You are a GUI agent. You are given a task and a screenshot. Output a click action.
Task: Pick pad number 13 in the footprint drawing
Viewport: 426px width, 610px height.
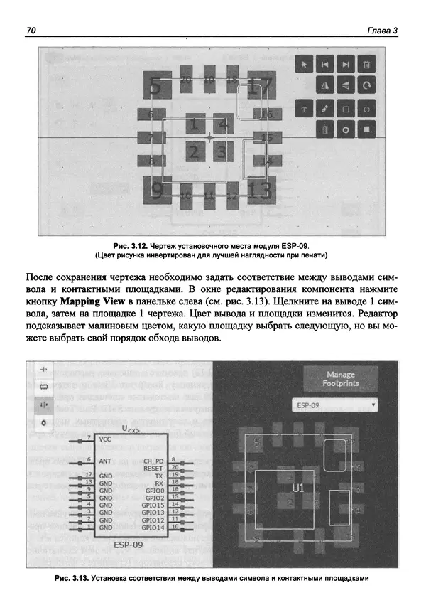click(259, 191)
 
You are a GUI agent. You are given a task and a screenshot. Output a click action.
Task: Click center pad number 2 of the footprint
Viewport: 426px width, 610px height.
click(193, 151)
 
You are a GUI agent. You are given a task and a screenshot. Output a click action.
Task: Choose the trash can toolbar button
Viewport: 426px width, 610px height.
click(366, 65)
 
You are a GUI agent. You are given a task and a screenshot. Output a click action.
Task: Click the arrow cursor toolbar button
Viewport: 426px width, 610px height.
click(304, 65)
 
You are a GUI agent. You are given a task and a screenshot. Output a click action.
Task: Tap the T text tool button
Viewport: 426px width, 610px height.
click(304, 109)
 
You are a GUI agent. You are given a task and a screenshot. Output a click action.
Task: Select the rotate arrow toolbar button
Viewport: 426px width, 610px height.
click(366, 86)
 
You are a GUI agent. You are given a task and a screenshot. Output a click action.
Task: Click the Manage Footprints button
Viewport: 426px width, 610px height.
click(340, 379)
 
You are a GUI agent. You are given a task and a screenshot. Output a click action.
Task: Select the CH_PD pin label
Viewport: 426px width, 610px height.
click(154, 461)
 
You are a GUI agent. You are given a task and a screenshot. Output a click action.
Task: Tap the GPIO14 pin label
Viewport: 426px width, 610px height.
click(153, 528)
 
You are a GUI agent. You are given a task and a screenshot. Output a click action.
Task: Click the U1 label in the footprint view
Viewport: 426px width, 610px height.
click(298, 488)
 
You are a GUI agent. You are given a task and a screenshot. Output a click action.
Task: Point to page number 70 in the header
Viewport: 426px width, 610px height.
click(31, 31)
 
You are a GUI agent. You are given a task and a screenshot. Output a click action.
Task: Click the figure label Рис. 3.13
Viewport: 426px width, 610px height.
click(71, 578)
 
